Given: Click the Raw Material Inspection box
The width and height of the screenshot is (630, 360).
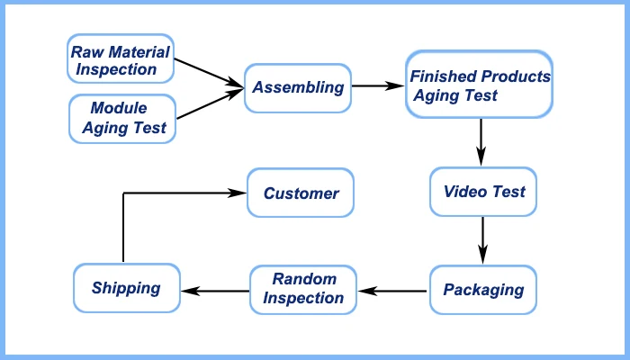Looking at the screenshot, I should point(121,59).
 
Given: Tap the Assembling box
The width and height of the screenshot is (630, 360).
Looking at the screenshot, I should point(298,87).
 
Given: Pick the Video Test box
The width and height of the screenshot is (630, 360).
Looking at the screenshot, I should point(484,192).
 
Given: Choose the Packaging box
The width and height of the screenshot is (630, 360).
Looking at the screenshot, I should point(483,290).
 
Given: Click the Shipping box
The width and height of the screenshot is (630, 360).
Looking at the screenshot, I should point(126,288).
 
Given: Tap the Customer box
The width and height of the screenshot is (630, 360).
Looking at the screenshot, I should point(301,193).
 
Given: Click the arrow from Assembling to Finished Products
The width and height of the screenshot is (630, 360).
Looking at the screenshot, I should point(378,87).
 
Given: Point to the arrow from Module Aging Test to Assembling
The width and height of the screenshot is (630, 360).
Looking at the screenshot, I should point(209,103).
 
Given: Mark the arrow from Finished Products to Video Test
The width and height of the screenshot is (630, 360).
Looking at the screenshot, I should point(482,139).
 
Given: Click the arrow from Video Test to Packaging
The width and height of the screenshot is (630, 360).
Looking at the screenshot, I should point(483,238).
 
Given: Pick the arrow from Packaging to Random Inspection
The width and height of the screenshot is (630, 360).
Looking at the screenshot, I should point(392,290).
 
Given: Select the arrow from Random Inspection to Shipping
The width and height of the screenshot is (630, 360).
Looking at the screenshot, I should point(216,290).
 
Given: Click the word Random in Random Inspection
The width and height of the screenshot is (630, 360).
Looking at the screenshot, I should point(304,279).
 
